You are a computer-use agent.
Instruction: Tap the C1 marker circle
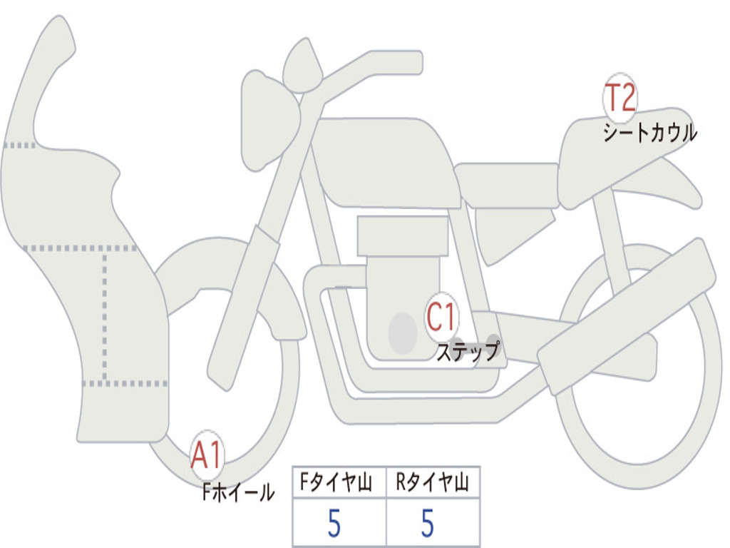[442, 317]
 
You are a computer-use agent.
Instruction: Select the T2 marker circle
[620, 98]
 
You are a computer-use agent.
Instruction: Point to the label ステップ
[468, 352]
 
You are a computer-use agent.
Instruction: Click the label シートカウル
[649, 133]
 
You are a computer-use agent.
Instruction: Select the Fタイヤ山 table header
[339, 483]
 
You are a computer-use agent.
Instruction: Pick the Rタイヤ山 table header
[433, 483]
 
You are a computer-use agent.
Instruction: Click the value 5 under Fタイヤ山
[334, 524]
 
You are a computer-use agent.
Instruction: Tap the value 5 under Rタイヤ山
[427, 524]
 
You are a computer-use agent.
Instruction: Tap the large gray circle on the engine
[403, 333]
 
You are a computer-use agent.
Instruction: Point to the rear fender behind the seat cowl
[677, 182]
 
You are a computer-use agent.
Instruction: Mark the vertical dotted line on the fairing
[105, 314]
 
